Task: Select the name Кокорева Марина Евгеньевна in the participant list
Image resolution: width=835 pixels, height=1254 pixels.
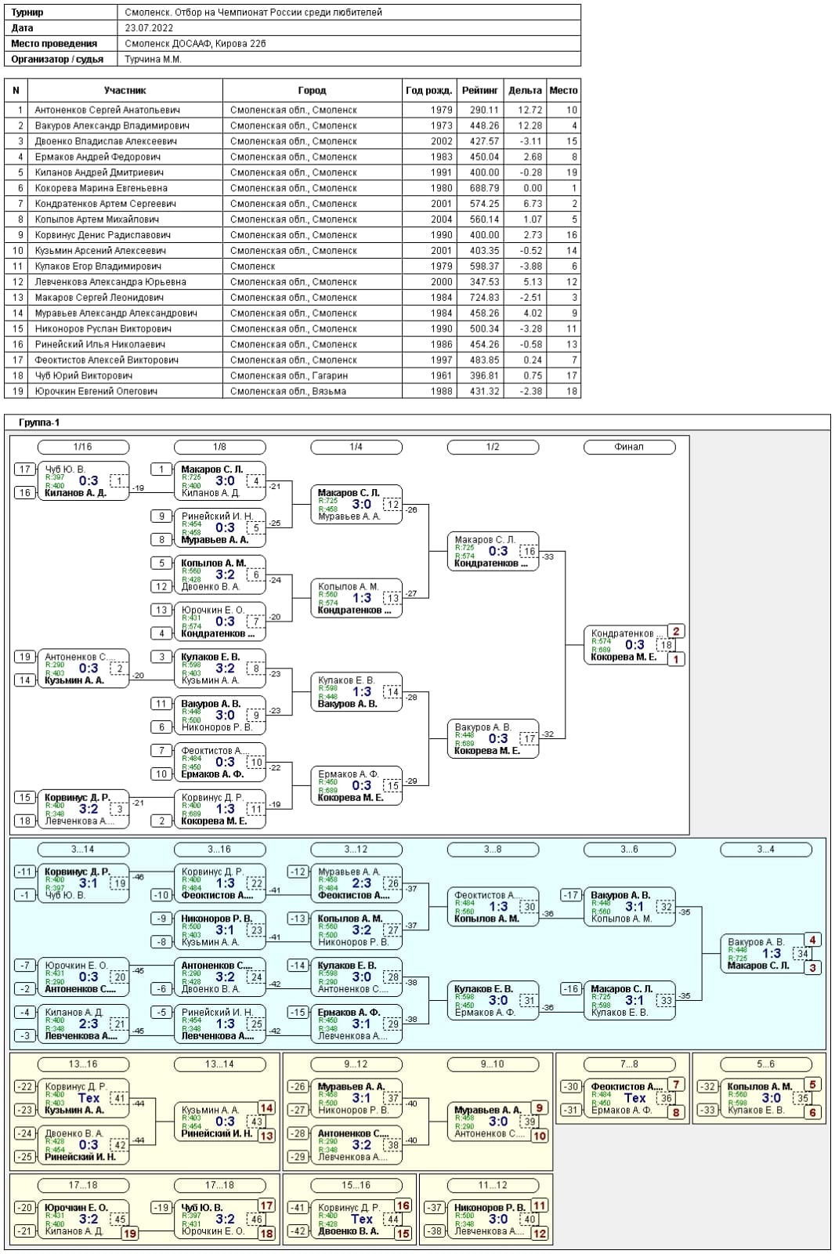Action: tap(101, 188)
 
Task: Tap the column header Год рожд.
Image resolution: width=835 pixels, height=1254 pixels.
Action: tap(428, 90)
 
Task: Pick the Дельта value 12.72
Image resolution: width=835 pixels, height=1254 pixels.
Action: tap(530, 110)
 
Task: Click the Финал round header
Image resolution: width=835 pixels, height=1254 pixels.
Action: tap(629, 447)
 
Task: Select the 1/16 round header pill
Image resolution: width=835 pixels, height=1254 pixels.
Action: tap(82, 447)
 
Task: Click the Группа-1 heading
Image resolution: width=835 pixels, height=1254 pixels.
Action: tap(39, 422)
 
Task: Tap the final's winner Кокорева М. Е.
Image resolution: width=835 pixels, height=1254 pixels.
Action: tap(624, 657)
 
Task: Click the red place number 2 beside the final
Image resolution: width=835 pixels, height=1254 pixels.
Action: tap(676, 631)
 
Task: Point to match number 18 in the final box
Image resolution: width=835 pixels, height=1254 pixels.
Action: tap(666, 645)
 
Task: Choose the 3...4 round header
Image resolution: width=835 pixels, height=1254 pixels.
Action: tap(765, 849)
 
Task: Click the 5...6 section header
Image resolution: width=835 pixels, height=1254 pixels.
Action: tap(765, 1064)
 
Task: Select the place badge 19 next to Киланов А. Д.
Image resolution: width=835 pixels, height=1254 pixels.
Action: tap(130, 1233)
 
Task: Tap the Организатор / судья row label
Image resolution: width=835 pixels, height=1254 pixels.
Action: tap(57, 59)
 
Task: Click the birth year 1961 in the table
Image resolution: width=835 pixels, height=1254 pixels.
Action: tap(441, 375)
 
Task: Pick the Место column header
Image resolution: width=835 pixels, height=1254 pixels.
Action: tap(563, 90)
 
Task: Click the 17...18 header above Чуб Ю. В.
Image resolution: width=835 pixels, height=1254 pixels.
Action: tap(219, 1185)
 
